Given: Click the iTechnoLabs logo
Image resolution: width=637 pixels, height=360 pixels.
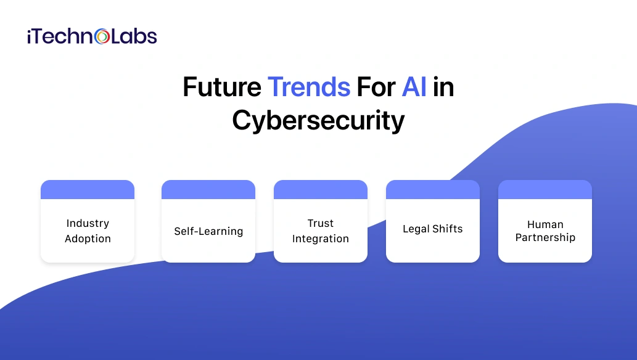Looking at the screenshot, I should click(92, 36).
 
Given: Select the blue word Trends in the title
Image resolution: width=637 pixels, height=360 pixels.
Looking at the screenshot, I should click(309, 88).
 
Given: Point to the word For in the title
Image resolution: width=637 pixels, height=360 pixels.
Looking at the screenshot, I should click(376, 88).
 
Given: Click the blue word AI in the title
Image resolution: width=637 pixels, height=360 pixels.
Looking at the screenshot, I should click(414, 88).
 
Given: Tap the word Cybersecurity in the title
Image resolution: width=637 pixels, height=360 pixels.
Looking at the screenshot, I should click(318, 120).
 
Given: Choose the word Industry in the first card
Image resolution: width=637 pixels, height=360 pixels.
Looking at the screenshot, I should click(88, 223).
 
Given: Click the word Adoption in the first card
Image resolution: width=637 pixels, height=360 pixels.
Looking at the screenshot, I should click(88, 239).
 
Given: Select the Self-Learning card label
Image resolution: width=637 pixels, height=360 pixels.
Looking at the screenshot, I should click(208, 232).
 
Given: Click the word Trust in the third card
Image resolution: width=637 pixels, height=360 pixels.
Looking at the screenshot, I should click(321, 223).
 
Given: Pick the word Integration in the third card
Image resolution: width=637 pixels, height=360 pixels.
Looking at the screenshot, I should click(321, 239).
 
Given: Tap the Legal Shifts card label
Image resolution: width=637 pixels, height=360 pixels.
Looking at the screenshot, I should click(432, 229).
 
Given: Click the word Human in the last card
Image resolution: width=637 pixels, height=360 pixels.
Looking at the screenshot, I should click(545, 224).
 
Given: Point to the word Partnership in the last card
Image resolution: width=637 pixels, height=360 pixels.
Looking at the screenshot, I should click(545, 237).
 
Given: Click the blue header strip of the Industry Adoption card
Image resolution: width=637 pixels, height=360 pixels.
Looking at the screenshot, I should click(88, 189).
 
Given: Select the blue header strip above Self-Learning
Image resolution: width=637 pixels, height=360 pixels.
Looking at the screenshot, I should click(208, 189).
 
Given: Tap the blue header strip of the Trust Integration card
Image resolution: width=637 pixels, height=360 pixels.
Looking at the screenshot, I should click(321, 189).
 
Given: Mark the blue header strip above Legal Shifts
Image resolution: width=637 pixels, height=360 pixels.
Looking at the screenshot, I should click(433, 189).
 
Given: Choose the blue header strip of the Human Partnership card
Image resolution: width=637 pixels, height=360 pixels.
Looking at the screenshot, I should click(545, 189).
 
